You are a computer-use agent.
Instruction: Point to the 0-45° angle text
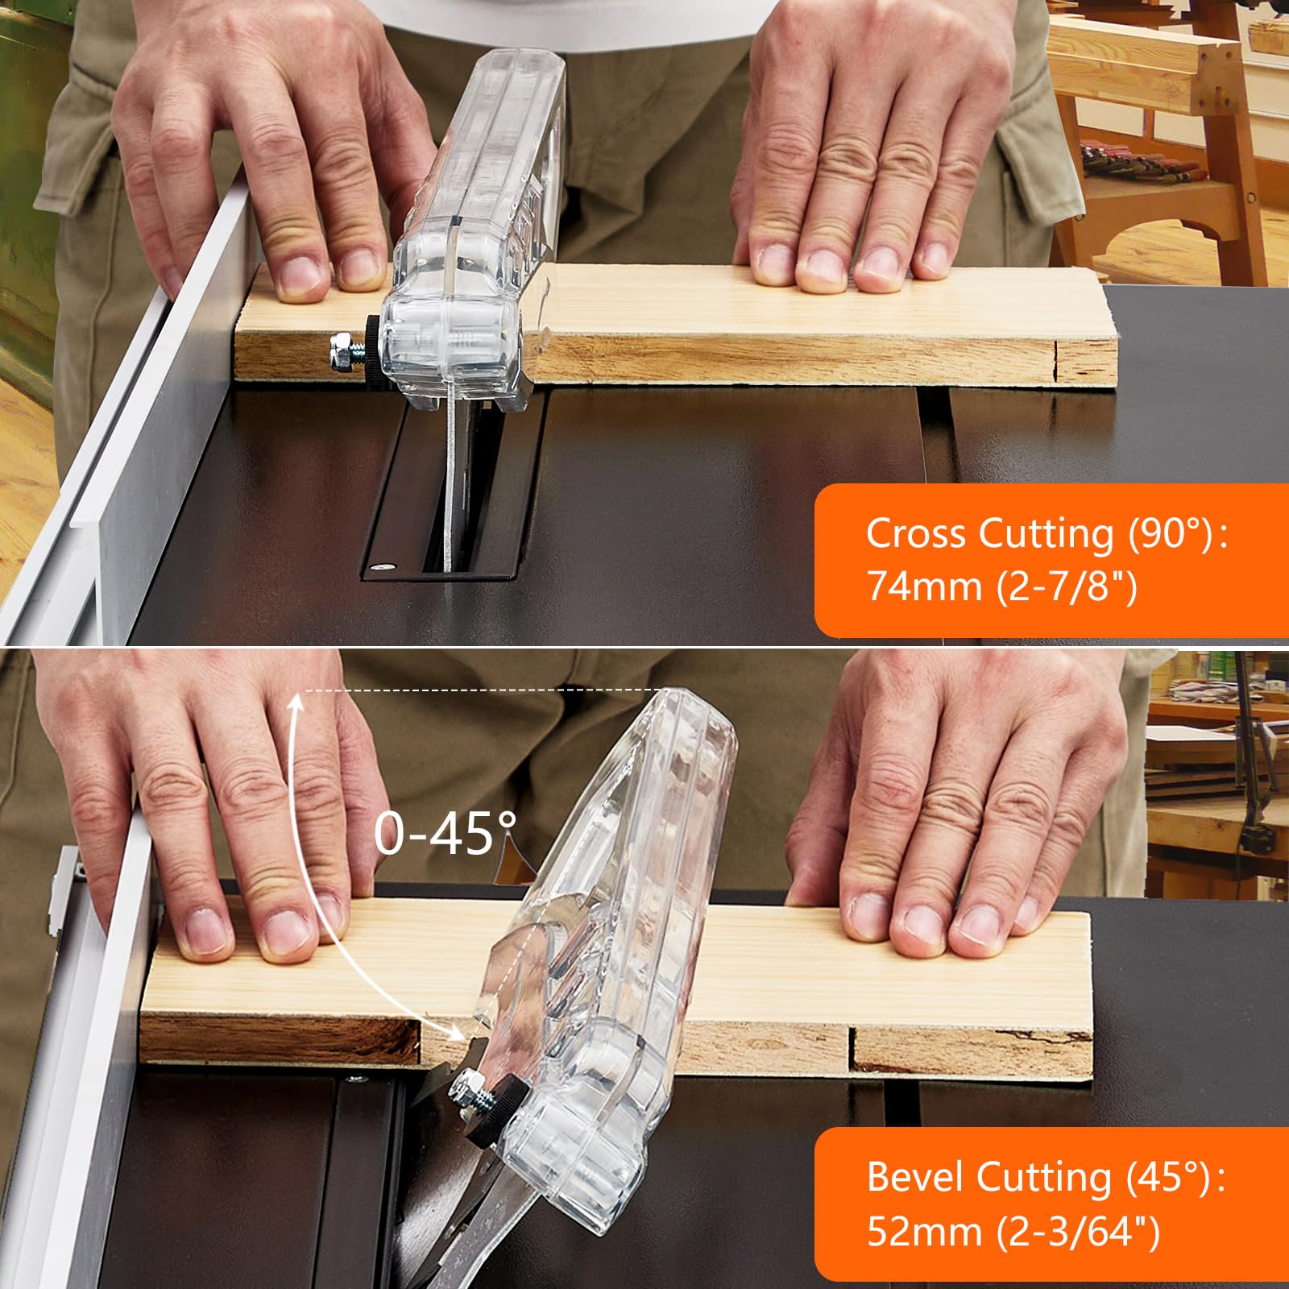(446, 833)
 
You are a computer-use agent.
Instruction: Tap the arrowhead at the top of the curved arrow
(296, 703)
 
